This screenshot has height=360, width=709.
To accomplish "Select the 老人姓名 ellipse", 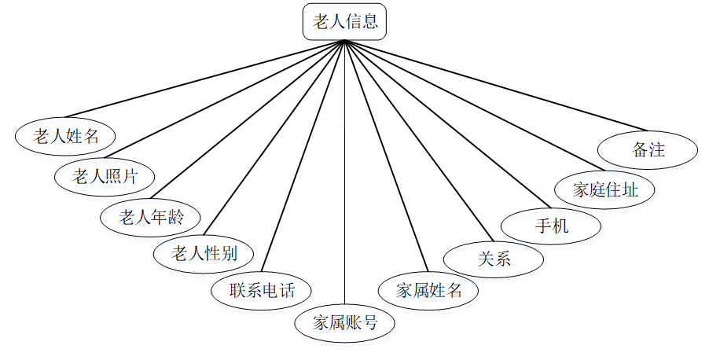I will pos(65,136).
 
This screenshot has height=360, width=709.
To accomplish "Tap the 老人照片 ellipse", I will pos(105,176).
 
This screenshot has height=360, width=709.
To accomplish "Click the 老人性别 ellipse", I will pos(204,253).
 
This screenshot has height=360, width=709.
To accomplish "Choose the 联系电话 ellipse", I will pos(262,290).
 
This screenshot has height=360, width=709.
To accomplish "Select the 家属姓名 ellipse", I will pos(428,290).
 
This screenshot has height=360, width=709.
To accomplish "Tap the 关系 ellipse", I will pos(494,259).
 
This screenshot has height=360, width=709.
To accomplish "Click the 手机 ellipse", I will pos(552,226).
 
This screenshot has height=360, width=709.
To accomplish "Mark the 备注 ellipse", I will pos(648,149).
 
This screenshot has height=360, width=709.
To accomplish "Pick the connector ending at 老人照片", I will pos(228,98).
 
